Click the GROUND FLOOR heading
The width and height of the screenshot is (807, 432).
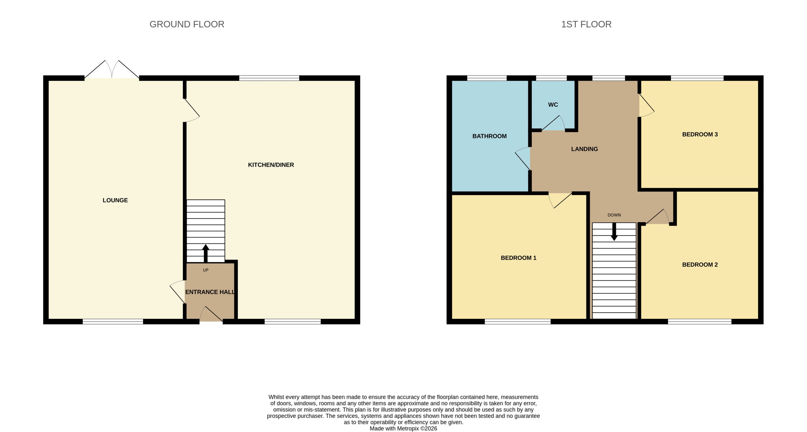[x=187, y=24]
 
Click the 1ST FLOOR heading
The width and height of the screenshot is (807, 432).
[x=586, y=24]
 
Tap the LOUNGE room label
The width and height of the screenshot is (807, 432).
[x=115, y=200]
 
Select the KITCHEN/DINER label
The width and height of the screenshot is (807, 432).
[x=271, y=165]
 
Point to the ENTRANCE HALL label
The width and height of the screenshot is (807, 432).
[x=210, y=292]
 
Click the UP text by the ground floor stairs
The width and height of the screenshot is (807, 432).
[x=205, y=270]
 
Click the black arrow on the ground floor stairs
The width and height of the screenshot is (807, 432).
[x=205, y=253]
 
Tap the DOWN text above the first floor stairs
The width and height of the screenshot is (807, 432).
[x=614, y=215]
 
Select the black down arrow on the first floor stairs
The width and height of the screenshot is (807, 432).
[x=614, y=231]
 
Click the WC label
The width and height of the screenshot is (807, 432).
[x=553, y=104]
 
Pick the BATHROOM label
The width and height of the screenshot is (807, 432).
[x=489, y=136]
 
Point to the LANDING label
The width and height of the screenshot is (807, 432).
[x=584, y=149]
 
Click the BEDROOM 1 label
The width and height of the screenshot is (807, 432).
[x=518, y=258]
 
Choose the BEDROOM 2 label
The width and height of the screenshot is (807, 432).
[x=700, y=265]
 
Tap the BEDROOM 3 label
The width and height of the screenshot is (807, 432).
[x=700, y=134]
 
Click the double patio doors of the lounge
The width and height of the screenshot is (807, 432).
[x=112, y=69]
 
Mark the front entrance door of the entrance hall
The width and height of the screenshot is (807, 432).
[x=211, y=314]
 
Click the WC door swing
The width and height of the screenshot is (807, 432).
[x=553, y=123]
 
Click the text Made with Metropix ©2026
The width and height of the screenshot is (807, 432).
[x=403, y=429]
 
